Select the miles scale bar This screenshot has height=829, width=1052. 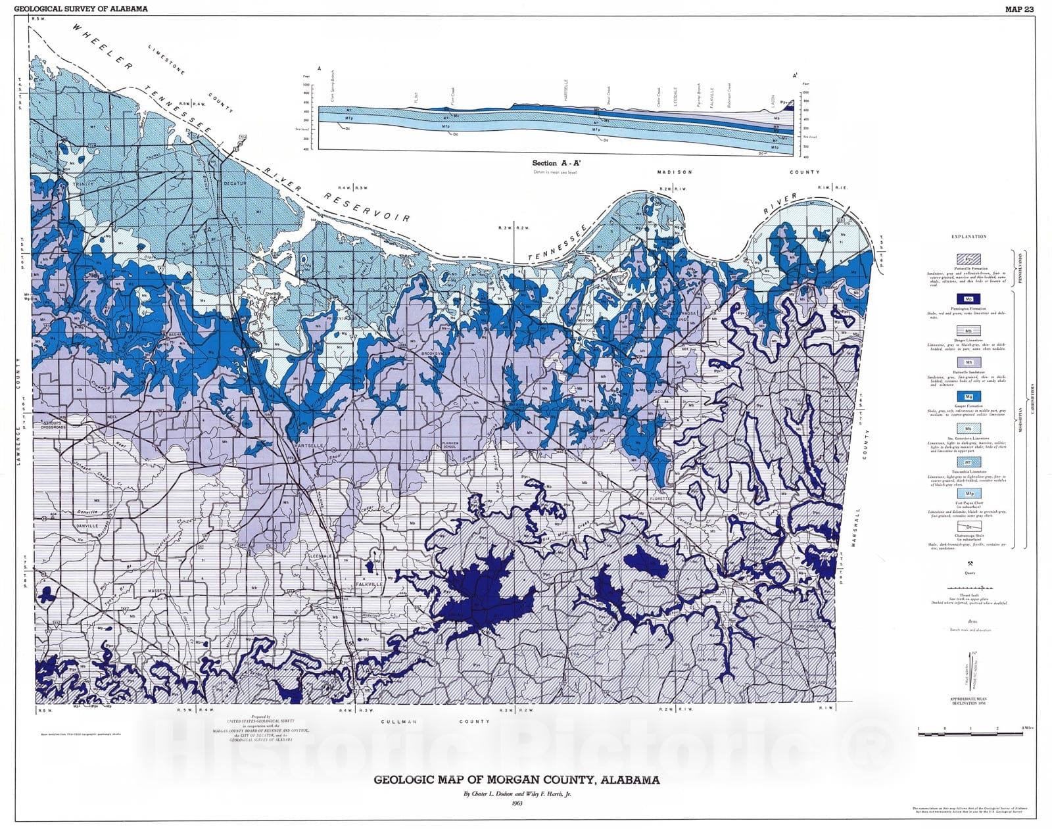click(x=970, y=732)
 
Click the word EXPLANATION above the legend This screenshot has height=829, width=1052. click(x=969, y=236)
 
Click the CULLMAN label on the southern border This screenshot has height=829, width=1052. click(x=399, y=721)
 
